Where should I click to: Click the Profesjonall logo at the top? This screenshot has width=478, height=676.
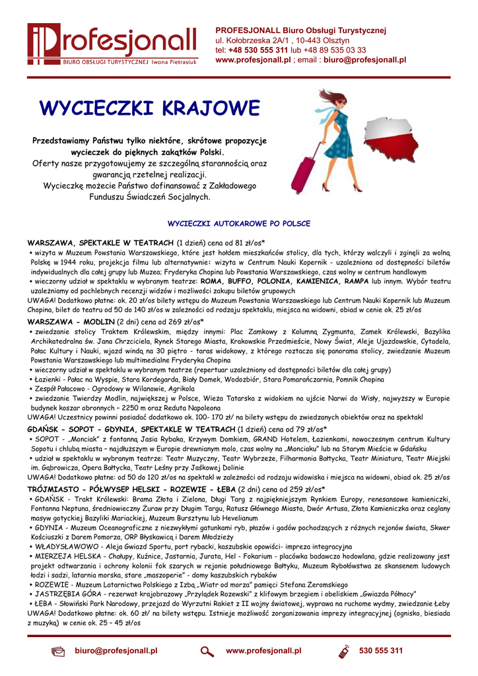pos(112,45)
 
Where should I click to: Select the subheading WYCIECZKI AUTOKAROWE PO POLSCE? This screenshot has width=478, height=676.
pos(239,223)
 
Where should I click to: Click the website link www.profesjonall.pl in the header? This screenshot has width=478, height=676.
pos(253,59)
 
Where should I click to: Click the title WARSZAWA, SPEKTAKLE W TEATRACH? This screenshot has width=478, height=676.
pos(100,243)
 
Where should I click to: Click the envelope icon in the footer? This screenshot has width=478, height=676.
pos(58,652)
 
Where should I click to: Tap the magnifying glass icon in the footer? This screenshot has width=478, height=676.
pos(207,652)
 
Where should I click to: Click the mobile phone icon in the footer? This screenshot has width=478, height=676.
pos(343,652)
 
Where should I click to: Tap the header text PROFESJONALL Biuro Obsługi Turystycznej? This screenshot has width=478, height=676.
pos(301,30)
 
